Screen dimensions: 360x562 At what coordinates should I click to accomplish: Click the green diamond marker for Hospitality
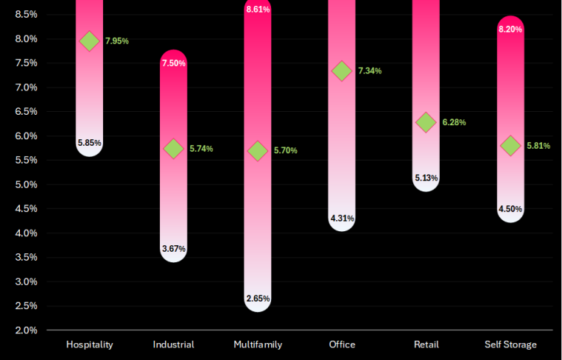pyautogui.click(x=89, y=40)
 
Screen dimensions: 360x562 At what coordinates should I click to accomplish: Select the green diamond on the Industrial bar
pyautogui.click(x=174, y=149)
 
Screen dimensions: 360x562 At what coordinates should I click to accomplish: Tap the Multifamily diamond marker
pyautogui.click(x=258, y=150)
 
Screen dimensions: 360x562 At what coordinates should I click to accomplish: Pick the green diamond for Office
pyautogui.click(x=342, y=71)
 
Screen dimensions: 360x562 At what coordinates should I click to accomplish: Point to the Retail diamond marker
pyautogui.click(x=426, y=122)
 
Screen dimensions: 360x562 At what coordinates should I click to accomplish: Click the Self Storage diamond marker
pyautogui.click(x=510, y=146)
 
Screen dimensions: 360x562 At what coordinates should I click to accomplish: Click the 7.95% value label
pyautogui.click(x=117, y=41)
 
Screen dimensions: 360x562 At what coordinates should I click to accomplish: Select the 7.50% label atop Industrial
pyautogui.click(x=174, y=63)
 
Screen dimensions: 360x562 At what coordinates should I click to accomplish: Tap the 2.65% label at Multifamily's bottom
pyautogui.click(x=258, y=299)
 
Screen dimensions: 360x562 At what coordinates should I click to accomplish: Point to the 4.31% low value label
pyautogui.click(x=342, y=219)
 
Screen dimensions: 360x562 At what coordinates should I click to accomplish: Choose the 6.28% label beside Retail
pyautogui.click(x=454, y=122)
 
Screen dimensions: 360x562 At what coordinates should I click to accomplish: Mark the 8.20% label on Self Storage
pyautogui.click(x=510, y=29)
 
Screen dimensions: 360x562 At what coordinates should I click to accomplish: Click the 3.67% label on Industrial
pyautogui.click(x=174, y=249)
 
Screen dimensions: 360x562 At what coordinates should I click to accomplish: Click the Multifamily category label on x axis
pyautogui.click(x=258, y=345)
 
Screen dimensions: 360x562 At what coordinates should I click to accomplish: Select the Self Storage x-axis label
pyautogui.click(x=510, y=345)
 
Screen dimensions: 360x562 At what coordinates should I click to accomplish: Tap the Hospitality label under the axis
pyautogui.click(x=90, y=345)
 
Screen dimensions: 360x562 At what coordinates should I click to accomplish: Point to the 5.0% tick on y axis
pyautogui.click(x=26, y=185)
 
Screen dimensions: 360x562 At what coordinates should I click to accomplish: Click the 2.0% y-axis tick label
pyautogui.click(x=26, y=331)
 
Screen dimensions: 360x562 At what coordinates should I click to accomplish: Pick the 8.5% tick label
pyautogui.click(x=26, y=15)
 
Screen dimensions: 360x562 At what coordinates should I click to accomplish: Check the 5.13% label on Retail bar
pyautogui.click(x=426, y=178)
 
